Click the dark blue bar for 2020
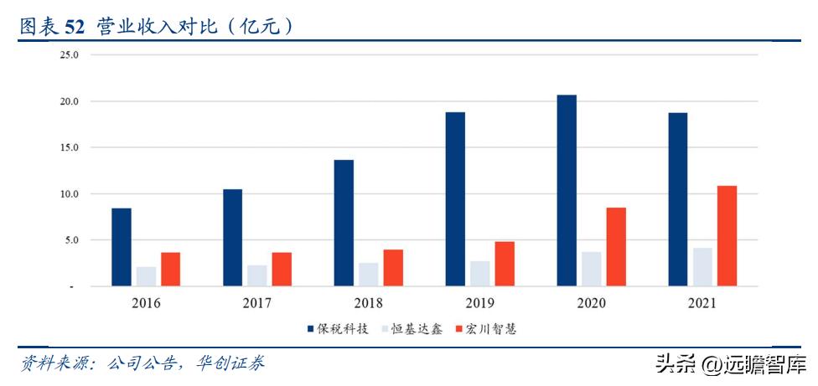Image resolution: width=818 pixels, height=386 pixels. coord(567,191)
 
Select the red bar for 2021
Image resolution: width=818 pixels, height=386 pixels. coord(727,236)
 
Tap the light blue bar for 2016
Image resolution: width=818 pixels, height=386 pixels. coord(146,276)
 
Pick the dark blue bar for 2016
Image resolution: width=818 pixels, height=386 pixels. coord(122,247)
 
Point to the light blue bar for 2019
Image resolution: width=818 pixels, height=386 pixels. coord(480,274)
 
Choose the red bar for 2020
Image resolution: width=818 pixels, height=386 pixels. coord(616,247)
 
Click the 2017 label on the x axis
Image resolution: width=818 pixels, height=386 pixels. coord(257,303)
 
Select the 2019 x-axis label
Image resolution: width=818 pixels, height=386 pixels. coord(479,303)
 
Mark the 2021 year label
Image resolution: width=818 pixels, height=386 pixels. coord(702,303)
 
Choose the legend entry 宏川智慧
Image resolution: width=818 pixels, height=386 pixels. coord(493,329)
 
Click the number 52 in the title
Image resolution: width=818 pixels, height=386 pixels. coord(75,27)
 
